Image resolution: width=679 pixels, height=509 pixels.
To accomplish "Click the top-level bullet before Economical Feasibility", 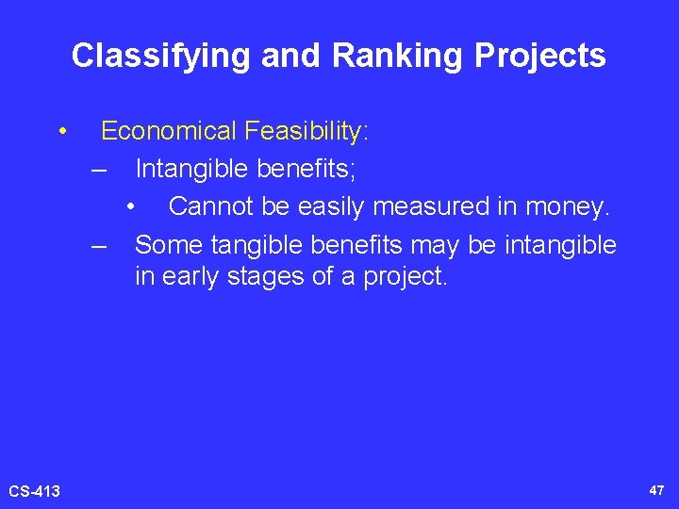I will click(61, 131).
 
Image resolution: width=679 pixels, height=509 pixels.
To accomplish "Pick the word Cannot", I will click(208, 206).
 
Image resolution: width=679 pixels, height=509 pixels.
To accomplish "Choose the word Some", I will click(169, 245).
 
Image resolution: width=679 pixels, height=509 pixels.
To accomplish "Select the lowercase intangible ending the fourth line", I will click(560, 245).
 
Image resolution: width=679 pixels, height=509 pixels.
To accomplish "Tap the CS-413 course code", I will click(34, 491).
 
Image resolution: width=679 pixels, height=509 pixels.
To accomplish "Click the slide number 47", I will click(656, 490).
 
